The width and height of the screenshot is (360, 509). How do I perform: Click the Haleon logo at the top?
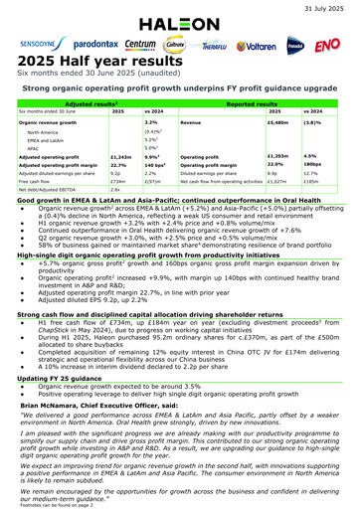point(179,23)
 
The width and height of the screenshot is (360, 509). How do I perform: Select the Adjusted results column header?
point(97,102)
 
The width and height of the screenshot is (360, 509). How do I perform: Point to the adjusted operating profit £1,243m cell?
point(118,156)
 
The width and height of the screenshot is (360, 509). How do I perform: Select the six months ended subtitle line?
point(90,75)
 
